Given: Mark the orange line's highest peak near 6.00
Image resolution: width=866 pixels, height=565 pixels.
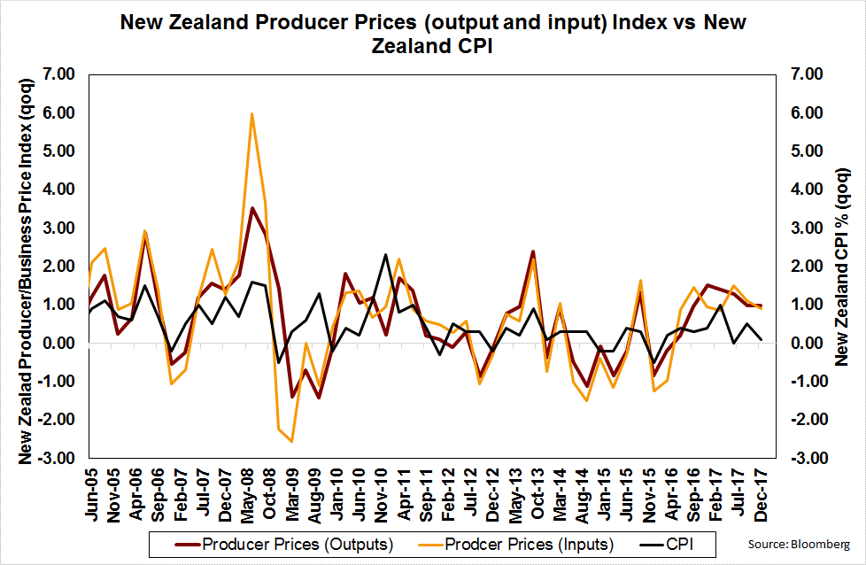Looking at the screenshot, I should point(252,113).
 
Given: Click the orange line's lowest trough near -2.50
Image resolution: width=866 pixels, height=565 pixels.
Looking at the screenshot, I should point(292,441).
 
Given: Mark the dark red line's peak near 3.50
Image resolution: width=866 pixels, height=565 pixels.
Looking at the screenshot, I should point(252,208).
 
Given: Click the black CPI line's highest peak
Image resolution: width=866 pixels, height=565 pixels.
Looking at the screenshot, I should point(386,255).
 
